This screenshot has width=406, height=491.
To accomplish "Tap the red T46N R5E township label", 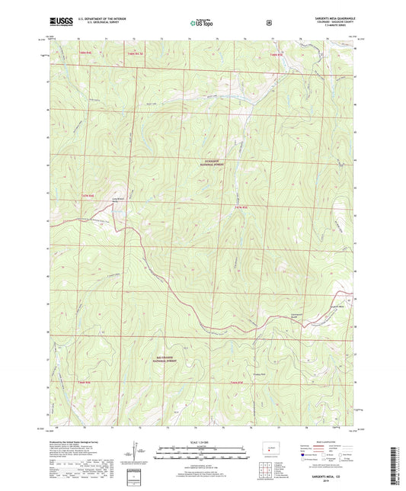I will [236, 382].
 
